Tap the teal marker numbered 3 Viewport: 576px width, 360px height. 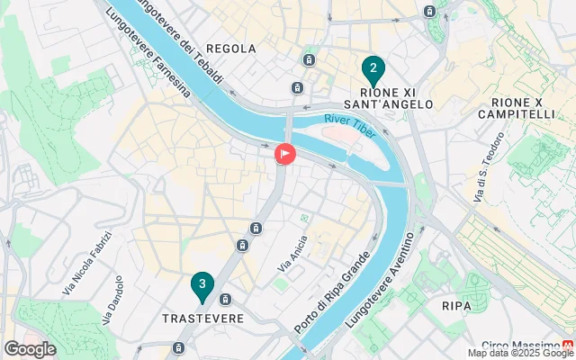(202, 286)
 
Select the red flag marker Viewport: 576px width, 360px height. (285, 155)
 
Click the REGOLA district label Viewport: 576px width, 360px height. (231, 49)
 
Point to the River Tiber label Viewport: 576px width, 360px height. (350, 119)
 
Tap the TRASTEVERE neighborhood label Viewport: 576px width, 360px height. (202, 319)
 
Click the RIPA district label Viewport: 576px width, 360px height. (456, 306)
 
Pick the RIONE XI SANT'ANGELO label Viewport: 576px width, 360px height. (396, 97)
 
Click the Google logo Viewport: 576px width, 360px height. (30, 349)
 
